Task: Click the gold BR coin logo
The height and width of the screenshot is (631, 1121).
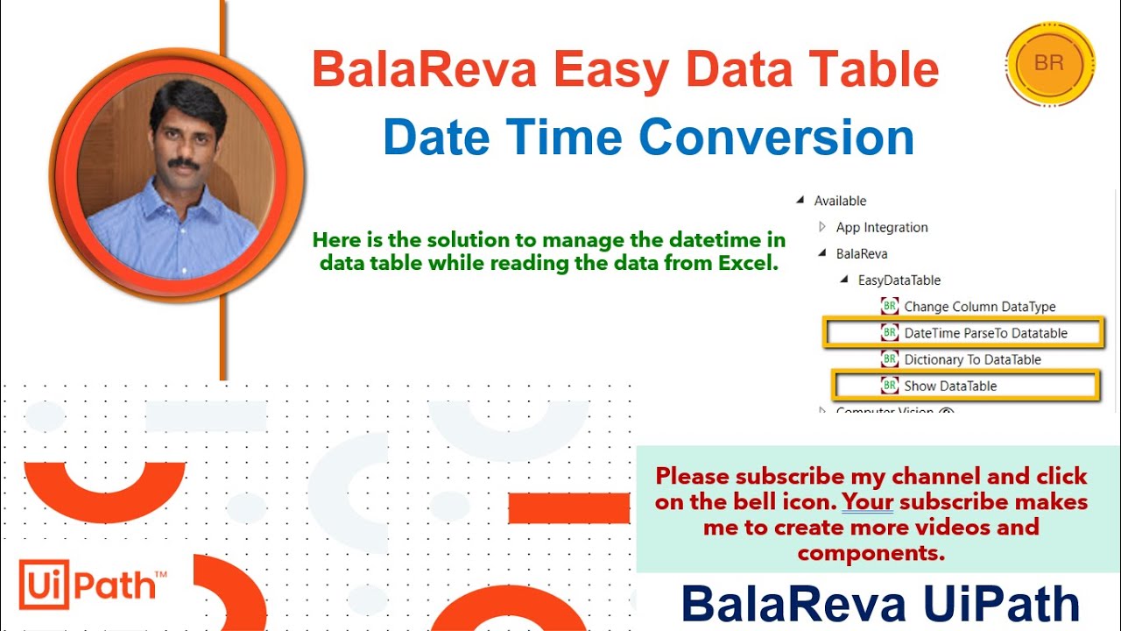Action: (1050, 64)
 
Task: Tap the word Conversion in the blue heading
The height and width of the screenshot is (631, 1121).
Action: (776, 138)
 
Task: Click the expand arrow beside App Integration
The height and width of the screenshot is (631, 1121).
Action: (821, 227)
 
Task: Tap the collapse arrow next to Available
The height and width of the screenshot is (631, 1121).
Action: (800, 201)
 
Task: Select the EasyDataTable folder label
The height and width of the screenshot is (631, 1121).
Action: (899, 280)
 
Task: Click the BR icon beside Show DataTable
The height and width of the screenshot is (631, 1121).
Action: (889, 386)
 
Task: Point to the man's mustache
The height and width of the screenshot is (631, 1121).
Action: (183, 163)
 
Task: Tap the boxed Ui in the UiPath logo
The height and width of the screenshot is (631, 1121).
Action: (44, 585)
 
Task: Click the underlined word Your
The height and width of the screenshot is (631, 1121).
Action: (867, 502)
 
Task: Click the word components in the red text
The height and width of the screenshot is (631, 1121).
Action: (871, 554)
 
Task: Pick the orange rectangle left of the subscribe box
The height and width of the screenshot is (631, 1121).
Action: (569, 508)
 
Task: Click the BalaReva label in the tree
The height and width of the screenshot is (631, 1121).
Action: (862, 254)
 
